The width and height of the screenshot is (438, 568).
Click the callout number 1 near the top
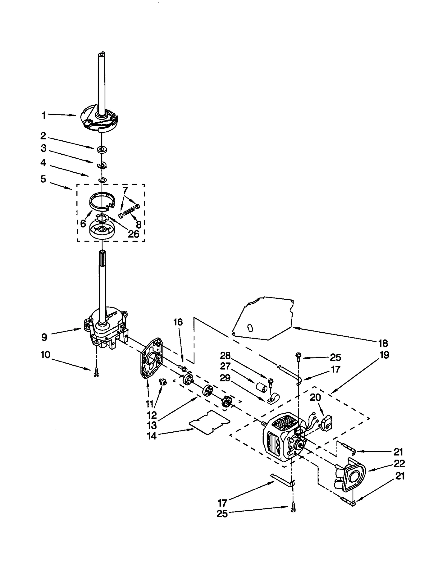44,116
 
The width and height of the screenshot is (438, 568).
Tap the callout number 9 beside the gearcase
44,337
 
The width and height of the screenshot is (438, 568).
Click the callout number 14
152,436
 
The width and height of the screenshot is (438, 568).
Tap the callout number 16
178,322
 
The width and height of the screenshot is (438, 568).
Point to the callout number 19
384,355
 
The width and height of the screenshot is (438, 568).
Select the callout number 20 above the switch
315,397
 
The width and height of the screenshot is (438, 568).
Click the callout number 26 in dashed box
134,234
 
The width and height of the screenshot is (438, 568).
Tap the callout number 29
225,378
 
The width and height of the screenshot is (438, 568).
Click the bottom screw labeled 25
293,509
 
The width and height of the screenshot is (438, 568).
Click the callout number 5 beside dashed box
43,179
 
